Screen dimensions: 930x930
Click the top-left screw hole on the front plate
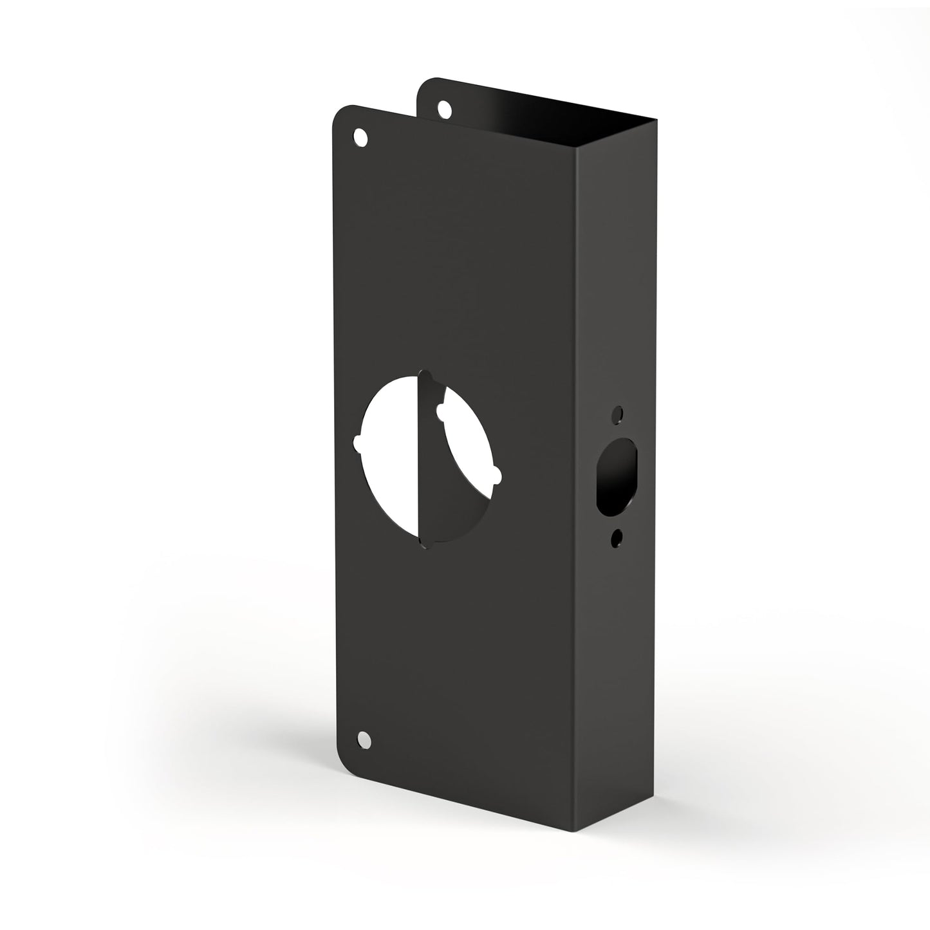pyautogui.click(x=361, y=136)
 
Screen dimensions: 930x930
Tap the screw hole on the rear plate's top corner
pyautogui.click(x=443, y=109)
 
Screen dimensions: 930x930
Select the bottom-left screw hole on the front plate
pyautogui.click(x=364, y=739)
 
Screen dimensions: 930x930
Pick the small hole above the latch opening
pyautogui.click(x=618, y=413)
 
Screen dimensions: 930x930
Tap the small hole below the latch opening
pyautogui.click(x=618, y=535)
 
